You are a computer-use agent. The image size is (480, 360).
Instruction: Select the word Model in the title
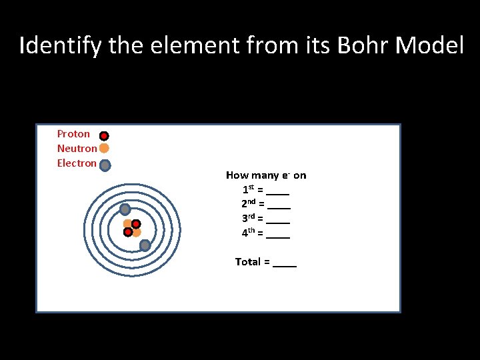[x=430, y=46]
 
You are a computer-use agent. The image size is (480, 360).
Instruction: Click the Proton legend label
[x=73, y=134]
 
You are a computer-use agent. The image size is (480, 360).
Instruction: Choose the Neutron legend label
[x=77, y=149]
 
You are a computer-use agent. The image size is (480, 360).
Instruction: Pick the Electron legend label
[x=77, y=163]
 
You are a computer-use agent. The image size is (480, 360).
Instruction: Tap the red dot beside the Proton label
[x=104, y=136]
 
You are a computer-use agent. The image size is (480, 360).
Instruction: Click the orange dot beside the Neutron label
[x=104, y=149]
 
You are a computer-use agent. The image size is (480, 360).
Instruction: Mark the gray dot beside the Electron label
[x=105, y=165]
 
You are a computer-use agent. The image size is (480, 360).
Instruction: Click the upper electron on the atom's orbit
[x=125, y=209]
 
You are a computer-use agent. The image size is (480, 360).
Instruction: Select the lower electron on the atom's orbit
[x=145, y=245]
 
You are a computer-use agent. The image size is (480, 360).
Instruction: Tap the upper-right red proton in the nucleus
[x=136, y=224]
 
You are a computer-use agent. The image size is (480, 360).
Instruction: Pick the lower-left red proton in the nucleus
[x=127, y=232]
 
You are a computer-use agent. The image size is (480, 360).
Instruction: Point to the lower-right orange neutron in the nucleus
[x=137, y=233]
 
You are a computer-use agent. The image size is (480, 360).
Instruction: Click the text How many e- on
[x=266, y=175]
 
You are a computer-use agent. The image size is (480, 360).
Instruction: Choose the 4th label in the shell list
[x=248, y=233]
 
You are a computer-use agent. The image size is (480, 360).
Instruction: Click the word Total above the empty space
[x=248, y=262]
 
